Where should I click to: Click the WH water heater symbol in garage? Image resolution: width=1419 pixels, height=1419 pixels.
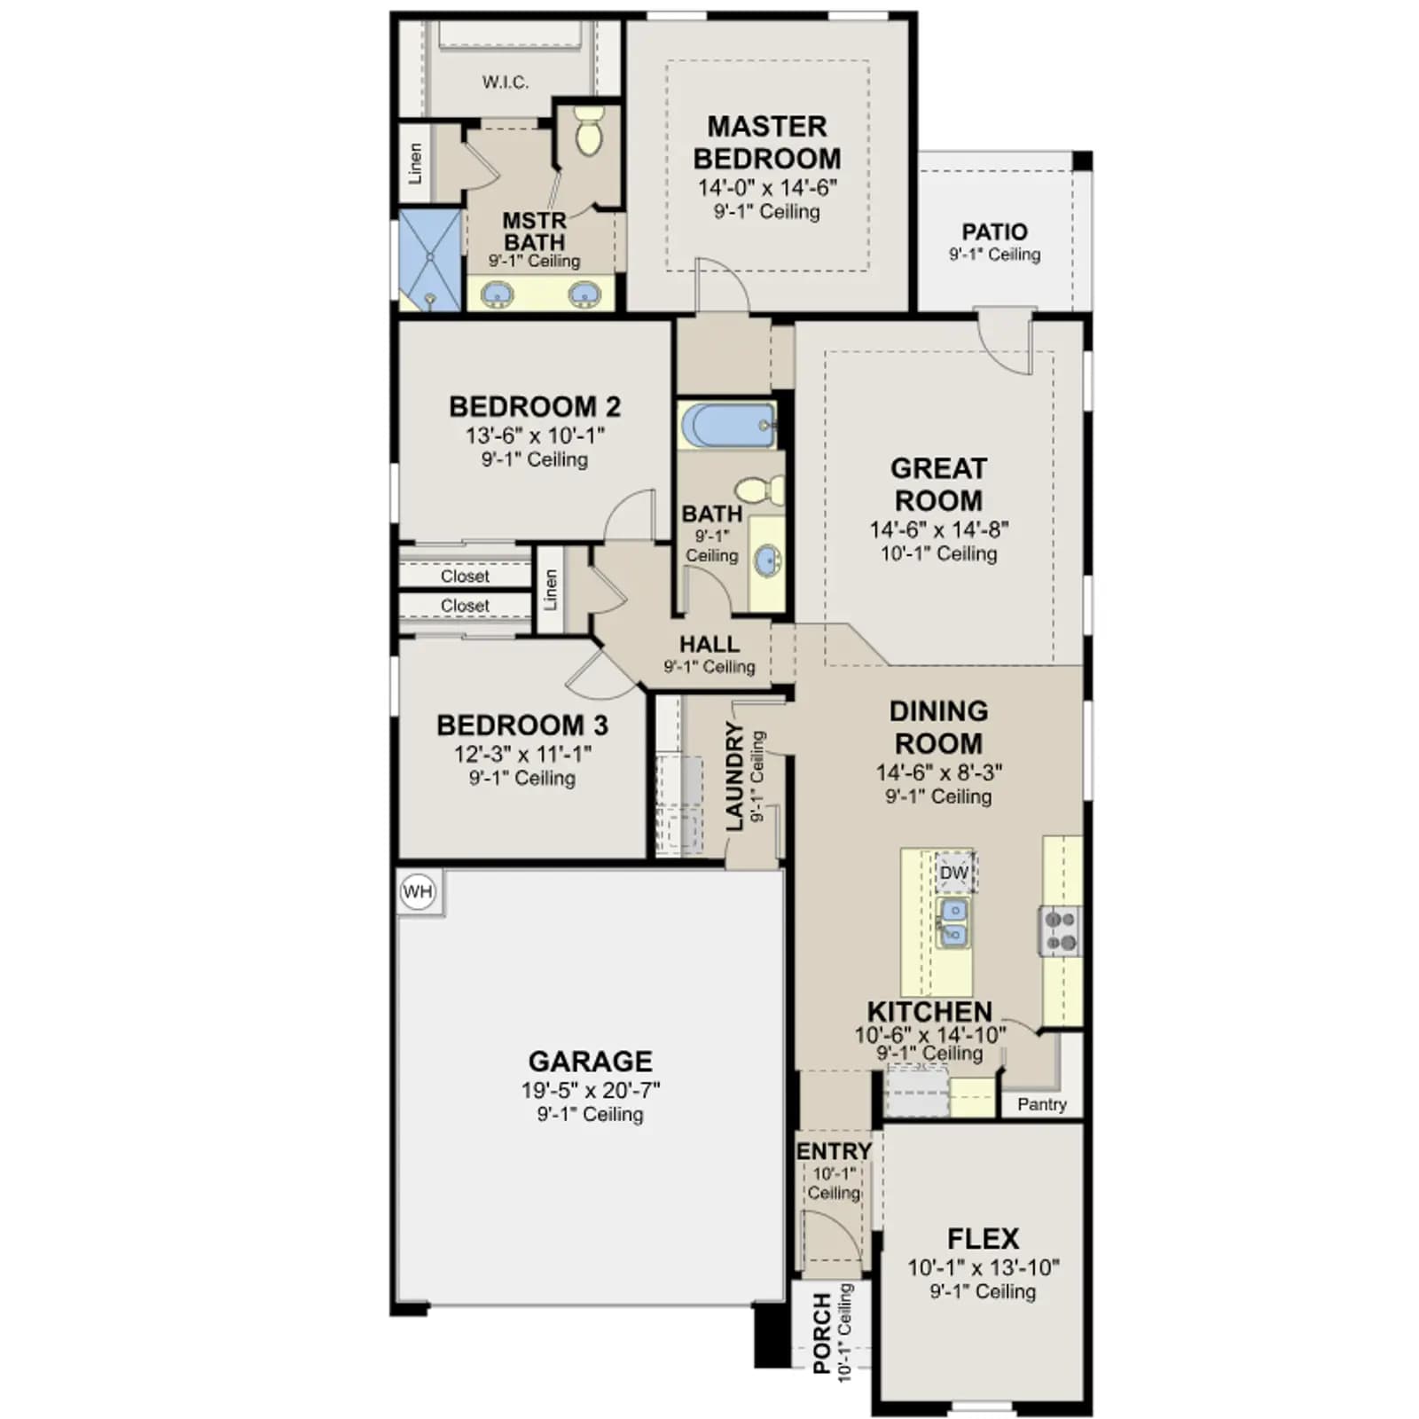pos(418,891)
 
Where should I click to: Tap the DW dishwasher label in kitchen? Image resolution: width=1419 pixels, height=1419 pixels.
pos(954,873)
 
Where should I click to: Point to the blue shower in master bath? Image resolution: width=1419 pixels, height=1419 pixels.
pos(430,260)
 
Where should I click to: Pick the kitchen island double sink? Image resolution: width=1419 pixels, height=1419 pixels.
pos(953,921)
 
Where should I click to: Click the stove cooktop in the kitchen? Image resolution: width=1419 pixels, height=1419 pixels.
pos(1061,931)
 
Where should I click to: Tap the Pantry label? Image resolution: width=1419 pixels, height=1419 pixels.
pos(1042,1104)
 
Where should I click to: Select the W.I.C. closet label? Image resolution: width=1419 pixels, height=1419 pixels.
pos(506,82)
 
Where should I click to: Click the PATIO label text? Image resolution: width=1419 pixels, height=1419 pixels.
pos(995,231)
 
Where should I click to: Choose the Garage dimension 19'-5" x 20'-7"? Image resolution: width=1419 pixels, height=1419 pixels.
pos(591,1090)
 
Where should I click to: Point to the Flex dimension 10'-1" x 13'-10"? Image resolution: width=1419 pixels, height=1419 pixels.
pos(984,1267)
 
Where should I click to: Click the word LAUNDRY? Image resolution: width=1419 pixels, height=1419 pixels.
pos(734,776)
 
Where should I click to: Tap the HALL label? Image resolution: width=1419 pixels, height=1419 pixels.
pos(709,644)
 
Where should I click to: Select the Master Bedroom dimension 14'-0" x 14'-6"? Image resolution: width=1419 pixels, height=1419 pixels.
pos(767,187)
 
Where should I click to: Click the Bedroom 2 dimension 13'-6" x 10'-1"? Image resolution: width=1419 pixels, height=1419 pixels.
pos(535,435)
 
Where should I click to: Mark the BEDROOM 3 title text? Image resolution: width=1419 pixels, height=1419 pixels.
pos(522,725)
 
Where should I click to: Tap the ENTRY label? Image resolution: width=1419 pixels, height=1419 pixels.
pos(834,1151)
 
